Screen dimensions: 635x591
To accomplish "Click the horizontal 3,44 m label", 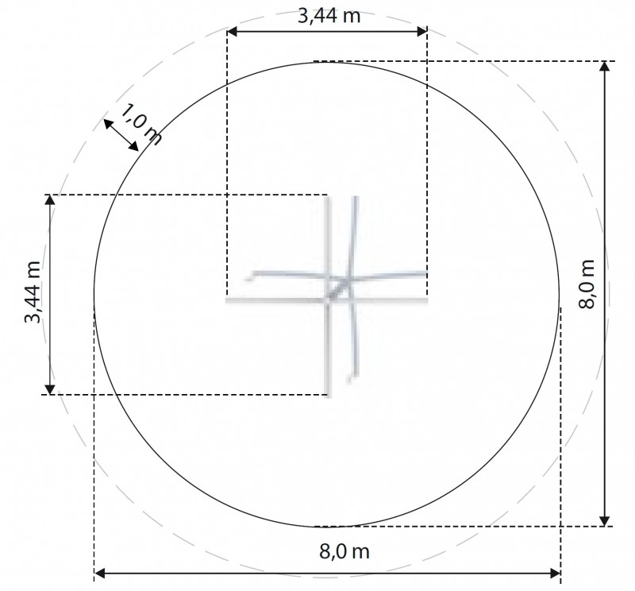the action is [x=329, y=16].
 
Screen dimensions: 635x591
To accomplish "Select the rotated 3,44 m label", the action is [x=33, y=292].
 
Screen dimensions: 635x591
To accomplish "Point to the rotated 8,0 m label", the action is [x=587, y=284].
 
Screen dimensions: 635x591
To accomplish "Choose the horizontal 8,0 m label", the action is [x=344, y=551].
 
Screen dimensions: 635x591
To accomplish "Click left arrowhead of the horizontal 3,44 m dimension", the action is [x=232, y=32].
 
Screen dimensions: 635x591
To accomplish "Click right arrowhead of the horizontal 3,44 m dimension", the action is [x=422, y=32].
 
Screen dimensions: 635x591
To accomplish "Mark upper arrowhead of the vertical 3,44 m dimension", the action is [x=49, y=200].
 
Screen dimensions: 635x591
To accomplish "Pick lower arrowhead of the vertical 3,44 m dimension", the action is [x=49, y=389].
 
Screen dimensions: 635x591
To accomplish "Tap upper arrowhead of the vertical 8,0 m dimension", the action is [x=604, y=67].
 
